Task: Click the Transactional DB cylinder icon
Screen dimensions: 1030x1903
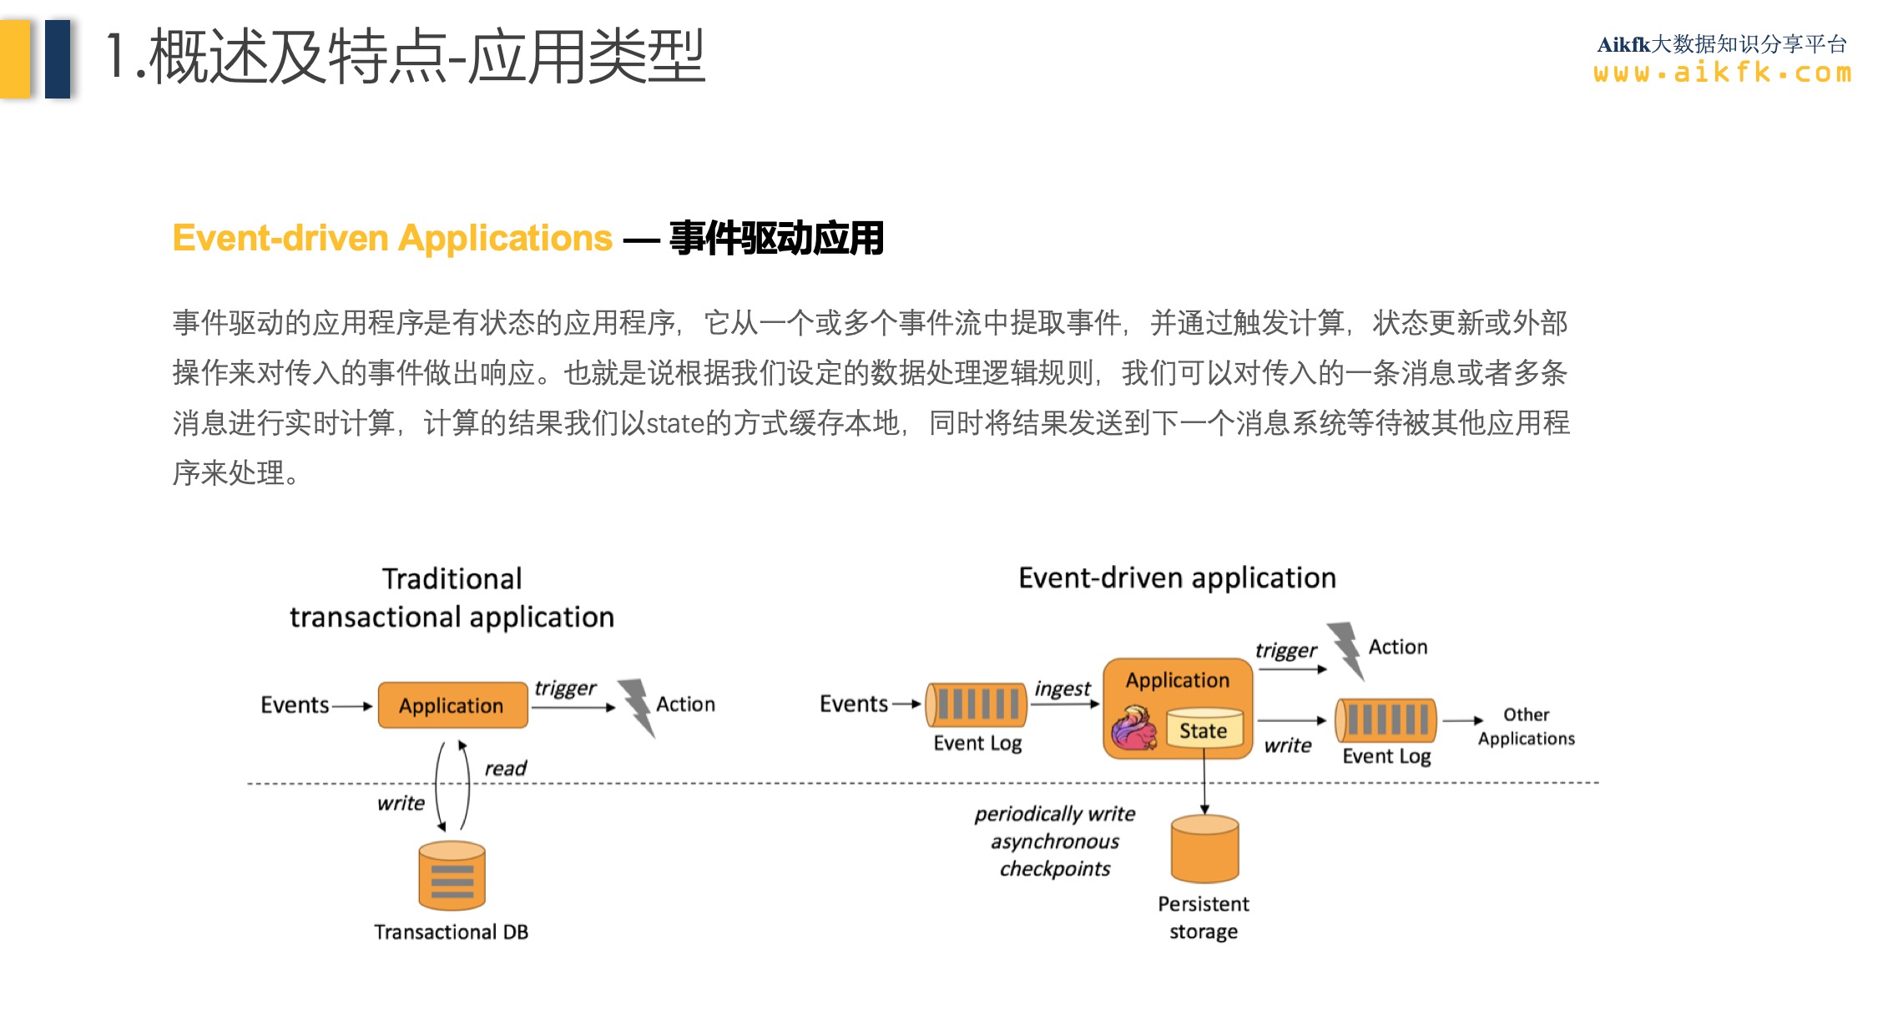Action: [x=452, y=876]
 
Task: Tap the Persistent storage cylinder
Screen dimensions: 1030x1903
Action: [x=1204, y=850]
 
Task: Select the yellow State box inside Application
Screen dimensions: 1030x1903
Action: [x=1204, y=730]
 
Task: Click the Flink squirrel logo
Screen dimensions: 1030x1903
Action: [x=1133, y=727]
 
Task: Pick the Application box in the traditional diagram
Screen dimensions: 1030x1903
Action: [x=452, y=705]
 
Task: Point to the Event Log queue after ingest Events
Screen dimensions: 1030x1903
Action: [x=977, y=703]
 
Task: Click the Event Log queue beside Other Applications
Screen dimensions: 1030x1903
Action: [x=1386, y=719]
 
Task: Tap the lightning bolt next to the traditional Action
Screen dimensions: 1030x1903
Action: [x=639, y=706]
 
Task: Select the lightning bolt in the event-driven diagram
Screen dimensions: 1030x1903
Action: [x=1346, y=649]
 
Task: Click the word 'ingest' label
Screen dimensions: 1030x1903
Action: [x=1062, y=689]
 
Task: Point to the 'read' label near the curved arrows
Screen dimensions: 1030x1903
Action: [x=505, y=768]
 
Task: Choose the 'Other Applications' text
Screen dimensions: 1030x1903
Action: [x=1526, y=726]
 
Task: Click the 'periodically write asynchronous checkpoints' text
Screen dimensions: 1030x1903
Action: [x=1055, y=841]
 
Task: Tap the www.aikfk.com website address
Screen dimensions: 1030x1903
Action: [x=1722, y=73]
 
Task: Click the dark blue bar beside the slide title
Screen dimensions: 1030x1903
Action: [x=58, y=58]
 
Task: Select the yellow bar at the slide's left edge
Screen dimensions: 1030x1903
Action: [x=15, y=58]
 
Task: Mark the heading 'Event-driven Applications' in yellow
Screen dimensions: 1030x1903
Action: [x=392, y=238]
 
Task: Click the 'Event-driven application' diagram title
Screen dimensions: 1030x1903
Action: [x=1177, y=578]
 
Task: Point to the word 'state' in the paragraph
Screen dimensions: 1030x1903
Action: [x=674, y=423]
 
